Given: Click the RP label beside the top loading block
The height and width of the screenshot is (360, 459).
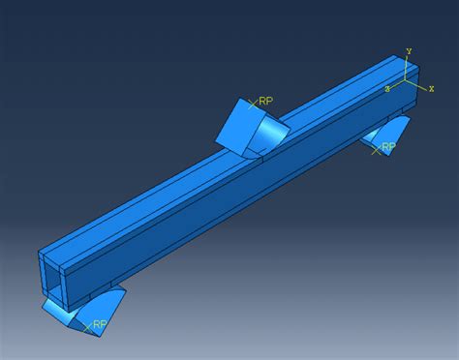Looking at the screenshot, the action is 266,101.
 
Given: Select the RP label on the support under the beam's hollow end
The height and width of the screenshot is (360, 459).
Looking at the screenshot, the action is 100,324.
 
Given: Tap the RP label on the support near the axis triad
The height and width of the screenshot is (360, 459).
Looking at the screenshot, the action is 388,147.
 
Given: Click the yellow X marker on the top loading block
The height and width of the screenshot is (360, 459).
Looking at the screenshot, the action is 253,104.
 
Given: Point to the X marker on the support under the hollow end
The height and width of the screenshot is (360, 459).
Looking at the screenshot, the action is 87,328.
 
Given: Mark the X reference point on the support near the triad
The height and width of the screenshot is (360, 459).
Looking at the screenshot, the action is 376,150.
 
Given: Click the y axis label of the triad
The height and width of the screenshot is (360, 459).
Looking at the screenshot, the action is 409,50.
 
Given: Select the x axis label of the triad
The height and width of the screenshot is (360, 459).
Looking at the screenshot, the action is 431,88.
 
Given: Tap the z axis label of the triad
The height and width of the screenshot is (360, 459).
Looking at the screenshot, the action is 387,89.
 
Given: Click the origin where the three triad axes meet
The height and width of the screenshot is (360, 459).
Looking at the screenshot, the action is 406,79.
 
